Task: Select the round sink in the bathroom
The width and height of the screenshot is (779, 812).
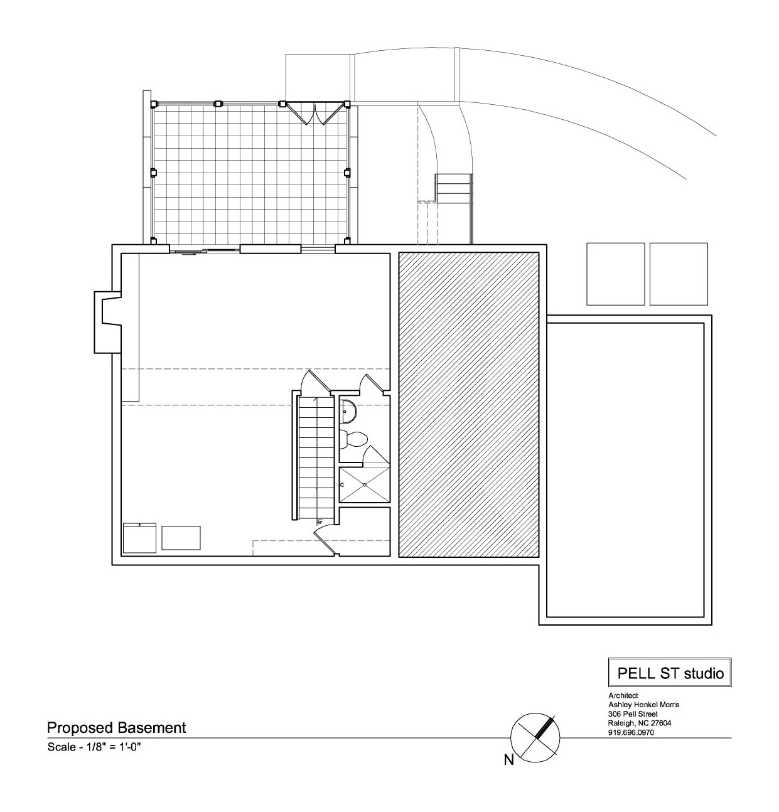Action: point(348,411)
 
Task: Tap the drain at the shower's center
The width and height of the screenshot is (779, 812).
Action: point(365,484)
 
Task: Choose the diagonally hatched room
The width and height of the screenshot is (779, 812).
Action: point(468,404)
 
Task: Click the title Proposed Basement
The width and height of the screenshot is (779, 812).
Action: point(117,728)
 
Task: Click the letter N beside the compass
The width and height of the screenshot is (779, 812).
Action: point(508,761)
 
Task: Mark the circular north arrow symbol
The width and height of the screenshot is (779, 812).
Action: point(535,737)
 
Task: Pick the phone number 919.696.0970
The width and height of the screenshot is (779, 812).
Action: point(631,733)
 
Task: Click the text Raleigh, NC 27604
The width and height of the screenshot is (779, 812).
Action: point(640,723)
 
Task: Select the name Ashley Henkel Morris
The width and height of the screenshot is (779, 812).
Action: point(644,704)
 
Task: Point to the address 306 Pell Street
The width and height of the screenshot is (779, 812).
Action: point(633,714)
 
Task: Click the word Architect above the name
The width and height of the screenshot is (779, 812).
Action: point(623,695)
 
